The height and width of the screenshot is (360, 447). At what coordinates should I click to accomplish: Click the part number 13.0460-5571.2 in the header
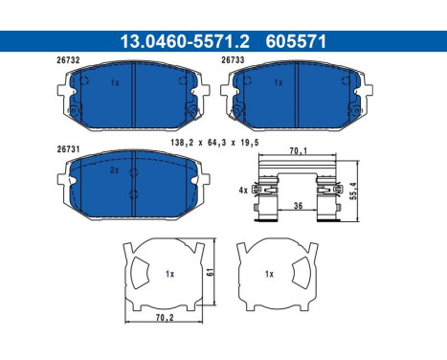click(x=185, y=41)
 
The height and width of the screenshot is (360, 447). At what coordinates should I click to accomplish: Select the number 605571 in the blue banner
click(x=296, y=41)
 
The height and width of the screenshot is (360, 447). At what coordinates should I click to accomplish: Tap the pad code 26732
click(x=68, y=60)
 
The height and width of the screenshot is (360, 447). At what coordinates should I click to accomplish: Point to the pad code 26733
click(x=233, y=60)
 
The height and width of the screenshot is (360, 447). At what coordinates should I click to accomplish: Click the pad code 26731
click(x=68, y=149)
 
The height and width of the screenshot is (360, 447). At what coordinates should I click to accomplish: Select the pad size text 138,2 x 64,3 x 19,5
click(x=214, y=143)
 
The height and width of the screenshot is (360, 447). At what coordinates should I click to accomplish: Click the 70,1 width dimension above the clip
click(x=298, y=150)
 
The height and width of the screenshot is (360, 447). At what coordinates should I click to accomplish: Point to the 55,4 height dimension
click(x=353, y=191)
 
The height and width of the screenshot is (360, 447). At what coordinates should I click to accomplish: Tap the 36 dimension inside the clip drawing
click(x=298, y=206)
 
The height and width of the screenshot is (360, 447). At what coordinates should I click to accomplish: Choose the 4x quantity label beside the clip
click(x=243, y=191)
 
